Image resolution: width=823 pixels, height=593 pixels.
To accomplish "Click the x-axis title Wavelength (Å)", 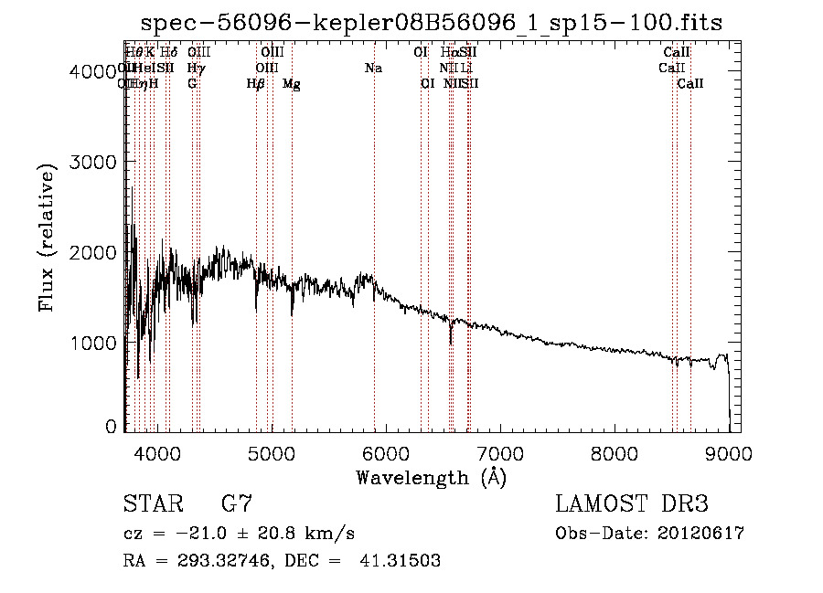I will click(432, 477).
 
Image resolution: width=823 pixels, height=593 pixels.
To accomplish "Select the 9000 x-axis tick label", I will click(728, 453).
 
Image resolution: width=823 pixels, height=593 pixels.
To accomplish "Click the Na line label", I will click(373, 69).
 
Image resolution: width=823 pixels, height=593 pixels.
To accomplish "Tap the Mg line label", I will click(292, 84).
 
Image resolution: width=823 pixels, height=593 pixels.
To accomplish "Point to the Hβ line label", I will click(256, 84).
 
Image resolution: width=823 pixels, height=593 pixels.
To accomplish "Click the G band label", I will click(192, 84).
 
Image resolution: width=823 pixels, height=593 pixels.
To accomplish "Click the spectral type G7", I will click(237, 503).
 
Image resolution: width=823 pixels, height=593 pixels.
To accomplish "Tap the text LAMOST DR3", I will click(631, 503).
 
